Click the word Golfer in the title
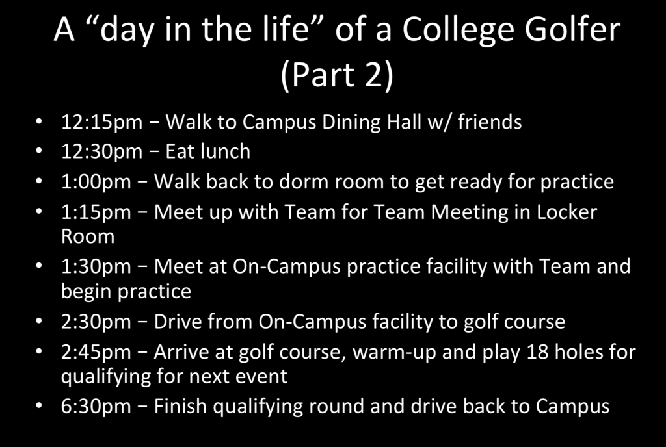click(572, 30)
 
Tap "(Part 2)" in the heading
click(337, 75)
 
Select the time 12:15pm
click(102, 123)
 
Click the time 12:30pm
click(102, 152)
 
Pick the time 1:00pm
click(96, 182)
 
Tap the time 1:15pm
click(96, 212)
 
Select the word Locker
click(566, 212)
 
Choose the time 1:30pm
click(96, 267)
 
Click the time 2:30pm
click(96, 322)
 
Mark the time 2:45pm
click(96, 352)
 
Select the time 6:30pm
click(96, 406)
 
